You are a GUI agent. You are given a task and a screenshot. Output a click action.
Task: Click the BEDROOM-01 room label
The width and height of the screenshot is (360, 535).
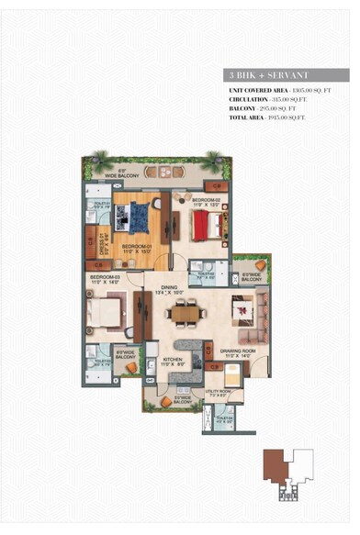[136, 247]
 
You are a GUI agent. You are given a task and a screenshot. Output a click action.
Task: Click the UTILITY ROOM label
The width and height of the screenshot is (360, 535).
[218, 392]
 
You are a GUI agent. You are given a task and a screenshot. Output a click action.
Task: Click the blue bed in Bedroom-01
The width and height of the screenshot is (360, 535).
[138, 217]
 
